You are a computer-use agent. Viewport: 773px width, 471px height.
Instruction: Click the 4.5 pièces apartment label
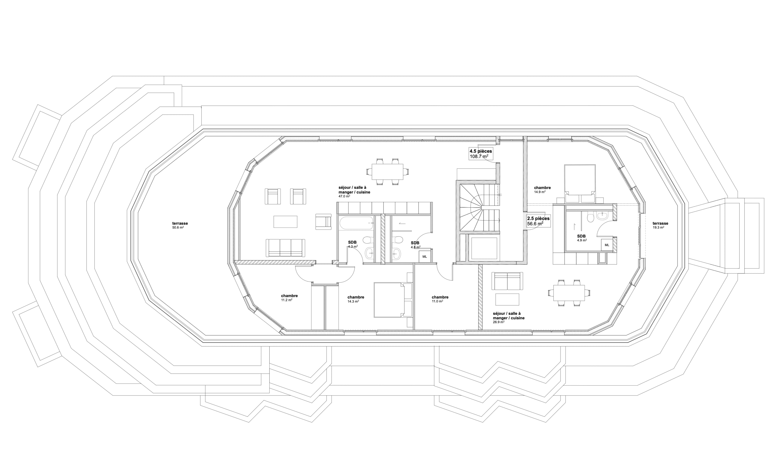point(481,154)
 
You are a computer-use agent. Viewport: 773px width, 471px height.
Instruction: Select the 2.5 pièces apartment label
point(538,221)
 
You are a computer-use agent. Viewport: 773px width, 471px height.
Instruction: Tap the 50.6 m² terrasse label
point(180,225)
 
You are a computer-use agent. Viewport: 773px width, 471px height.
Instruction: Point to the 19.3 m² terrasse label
point(660,225)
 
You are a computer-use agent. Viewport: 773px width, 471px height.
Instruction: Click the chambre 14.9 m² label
point(542,190)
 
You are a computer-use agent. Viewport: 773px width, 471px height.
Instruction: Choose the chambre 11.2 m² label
point(289,298)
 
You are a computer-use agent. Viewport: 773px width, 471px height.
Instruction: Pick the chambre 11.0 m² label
point(440,299)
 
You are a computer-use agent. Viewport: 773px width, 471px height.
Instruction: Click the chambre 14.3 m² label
point(356,299)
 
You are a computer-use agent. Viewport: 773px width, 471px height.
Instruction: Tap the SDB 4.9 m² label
point(581,238)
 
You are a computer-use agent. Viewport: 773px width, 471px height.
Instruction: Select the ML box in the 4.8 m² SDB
point(425,256)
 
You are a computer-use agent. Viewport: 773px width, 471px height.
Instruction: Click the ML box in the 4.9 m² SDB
point(607,245)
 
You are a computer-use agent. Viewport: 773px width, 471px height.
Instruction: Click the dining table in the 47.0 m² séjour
point(387,171)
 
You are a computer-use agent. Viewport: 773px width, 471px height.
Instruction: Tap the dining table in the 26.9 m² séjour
point(569,293)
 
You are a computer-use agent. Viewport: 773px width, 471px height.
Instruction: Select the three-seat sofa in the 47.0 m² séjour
point(285,248)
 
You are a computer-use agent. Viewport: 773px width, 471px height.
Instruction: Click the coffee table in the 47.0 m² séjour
point(285,221)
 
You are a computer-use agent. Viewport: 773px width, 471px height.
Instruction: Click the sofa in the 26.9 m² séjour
point(507,281)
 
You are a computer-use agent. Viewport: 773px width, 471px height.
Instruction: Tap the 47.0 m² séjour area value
point(344,196)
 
